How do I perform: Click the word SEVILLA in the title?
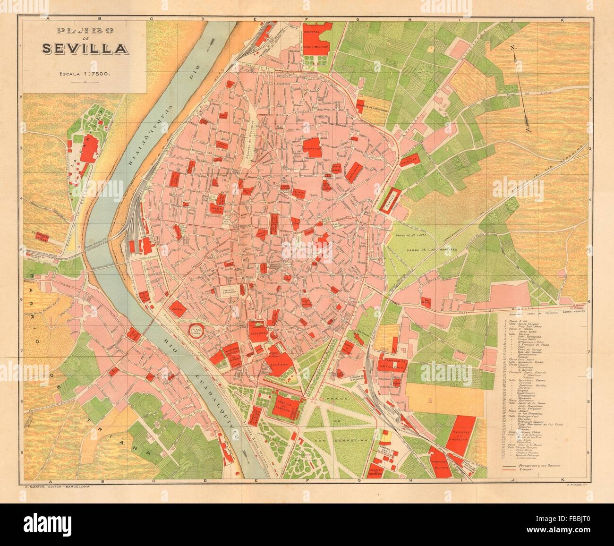(x=85, y=49)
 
